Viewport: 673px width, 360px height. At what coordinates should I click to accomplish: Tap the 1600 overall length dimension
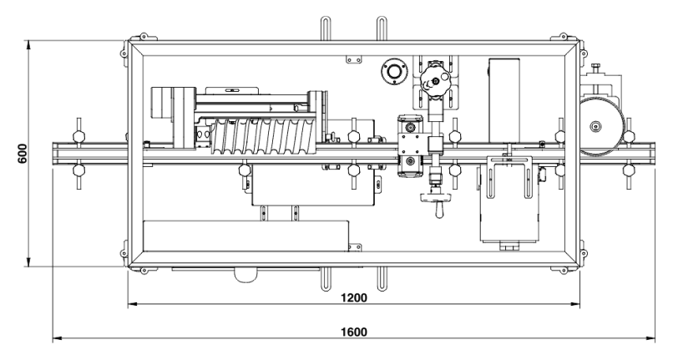pos(354,332)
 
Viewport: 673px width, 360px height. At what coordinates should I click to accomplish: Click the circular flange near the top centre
pos(390,73)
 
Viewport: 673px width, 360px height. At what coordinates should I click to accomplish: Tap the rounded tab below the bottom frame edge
pos(245,274)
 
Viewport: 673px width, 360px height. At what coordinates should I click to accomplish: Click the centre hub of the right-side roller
pos(595,127)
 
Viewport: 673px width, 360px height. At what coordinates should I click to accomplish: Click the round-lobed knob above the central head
pos(437,82)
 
